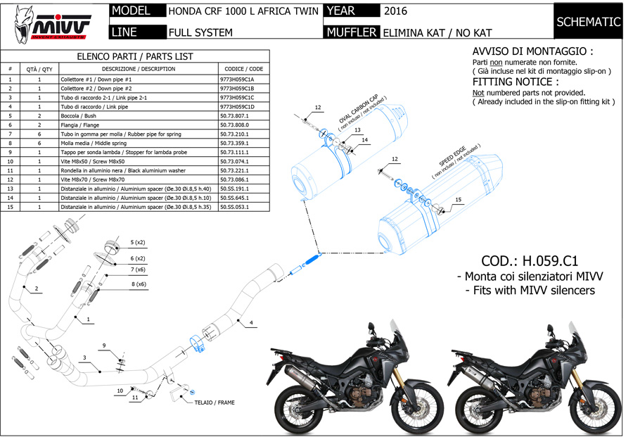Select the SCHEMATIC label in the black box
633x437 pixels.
pyautogui.click(x=589, y=22)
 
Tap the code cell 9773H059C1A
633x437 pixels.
pyautogui.click(x=242, y=80)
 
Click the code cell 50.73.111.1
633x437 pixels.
pyautogui.click(x=235, y=152)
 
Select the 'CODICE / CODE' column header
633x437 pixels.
pyautogui.click(x=244, y=69)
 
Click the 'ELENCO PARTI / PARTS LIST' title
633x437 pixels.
pyautogui.click(x=134, y=56)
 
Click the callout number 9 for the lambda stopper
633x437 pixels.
pyautogui.click(x=103, y=345)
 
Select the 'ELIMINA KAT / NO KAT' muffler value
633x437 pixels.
pyautogui.click(x=437, y=32)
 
